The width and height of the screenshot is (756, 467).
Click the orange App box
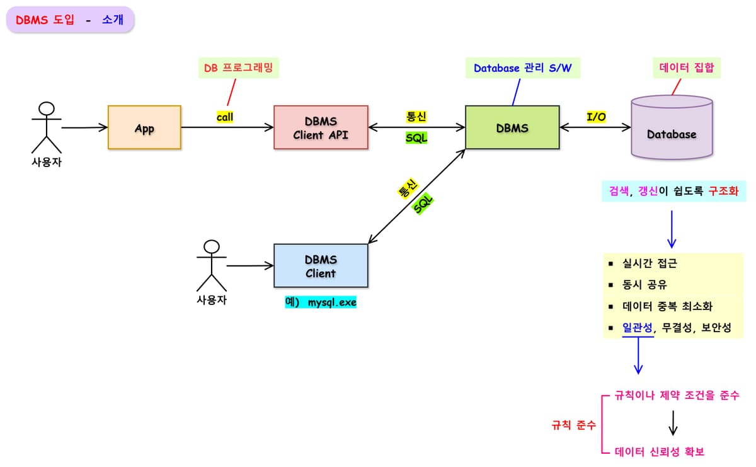point(144,128)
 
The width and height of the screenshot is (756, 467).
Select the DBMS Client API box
point(321,127)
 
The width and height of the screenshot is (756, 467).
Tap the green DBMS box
point(512,127)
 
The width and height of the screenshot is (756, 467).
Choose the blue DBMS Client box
point(321,266)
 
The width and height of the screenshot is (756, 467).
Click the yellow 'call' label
point(225,117)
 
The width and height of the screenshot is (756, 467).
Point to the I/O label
point(596,117)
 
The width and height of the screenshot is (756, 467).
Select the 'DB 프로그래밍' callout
point(238,67)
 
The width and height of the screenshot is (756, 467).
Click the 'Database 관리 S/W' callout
point(522,67)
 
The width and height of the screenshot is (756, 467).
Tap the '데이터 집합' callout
point(687,67)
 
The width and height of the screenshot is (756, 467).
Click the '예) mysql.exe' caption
point(321,302)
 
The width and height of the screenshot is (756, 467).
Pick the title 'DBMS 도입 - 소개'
point(70,20)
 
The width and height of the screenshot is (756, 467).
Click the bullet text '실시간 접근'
point(650,263)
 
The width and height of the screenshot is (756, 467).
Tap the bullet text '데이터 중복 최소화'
point(667,306)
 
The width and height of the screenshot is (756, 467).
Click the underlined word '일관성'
point(638,328)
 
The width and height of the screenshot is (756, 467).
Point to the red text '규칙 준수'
point(573,425)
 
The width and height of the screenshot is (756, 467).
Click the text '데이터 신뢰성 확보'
point(659,452)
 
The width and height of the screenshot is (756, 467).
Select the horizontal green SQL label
point(416,137)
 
